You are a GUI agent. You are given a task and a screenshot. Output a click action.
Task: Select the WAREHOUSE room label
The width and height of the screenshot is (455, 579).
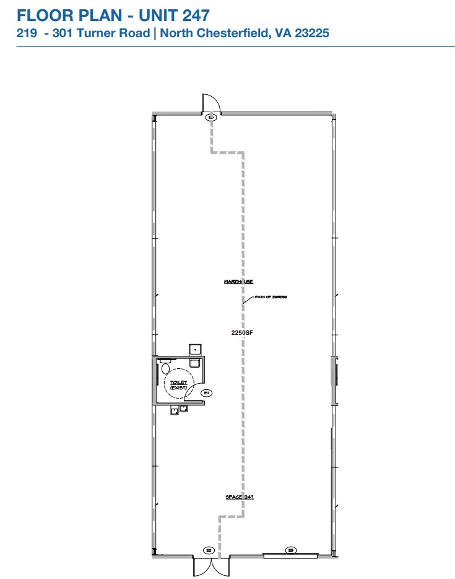point(238,281)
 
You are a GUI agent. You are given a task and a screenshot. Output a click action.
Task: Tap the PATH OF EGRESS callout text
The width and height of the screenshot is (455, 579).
point(271,298)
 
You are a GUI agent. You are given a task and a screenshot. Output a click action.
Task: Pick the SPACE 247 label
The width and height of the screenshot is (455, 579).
point(240,497)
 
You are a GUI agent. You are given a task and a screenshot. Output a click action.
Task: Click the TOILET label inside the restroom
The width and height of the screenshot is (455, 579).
point(179,383)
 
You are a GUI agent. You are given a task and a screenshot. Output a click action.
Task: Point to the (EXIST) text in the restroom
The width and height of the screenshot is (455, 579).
point(179,388)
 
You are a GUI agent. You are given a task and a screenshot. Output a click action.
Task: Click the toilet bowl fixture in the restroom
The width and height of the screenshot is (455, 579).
point(165,369)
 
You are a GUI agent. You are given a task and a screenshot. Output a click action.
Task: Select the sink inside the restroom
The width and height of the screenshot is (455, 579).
point(194,363)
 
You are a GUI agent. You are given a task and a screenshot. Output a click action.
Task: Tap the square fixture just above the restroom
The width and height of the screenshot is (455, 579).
point(194,348)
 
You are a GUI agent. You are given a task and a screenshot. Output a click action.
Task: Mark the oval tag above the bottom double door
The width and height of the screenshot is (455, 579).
point(209,550)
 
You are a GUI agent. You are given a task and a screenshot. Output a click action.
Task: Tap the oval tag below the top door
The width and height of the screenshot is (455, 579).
point(211,117)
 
